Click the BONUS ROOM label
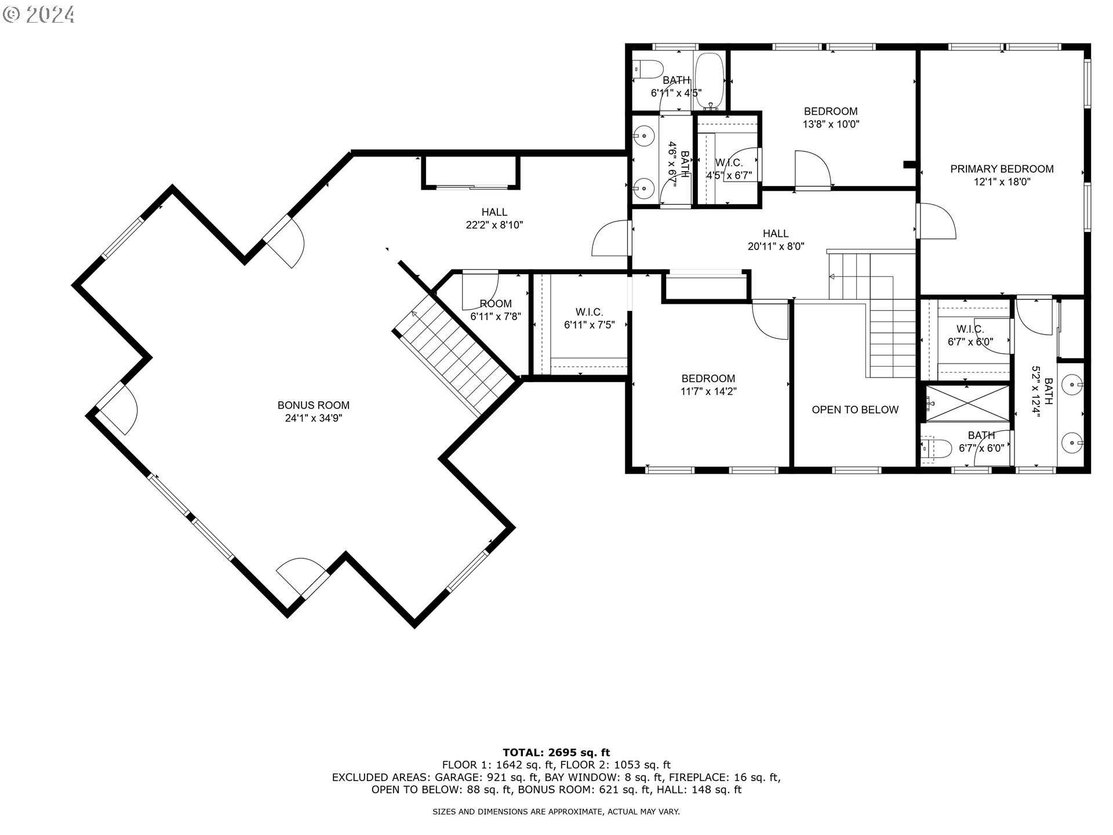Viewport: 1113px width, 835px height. click(313, 405)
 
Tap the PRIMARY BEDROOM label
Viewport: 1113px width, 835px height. click(1002, 169)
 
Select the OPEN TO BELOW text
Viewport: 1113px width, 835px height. click(855, 409)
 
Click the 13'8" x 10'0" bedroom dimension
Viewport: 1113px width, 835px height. click(831, 124)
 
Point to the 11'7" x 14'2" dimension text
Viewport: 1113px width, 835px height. click(708, 391)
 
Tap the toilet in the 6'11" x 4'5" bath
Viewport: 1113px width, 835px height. click(648, 69)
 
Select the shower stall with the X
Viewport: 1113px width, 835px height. click(967, 403)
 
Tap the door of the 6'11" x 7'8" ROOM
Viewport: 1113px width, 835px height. click(479, 290)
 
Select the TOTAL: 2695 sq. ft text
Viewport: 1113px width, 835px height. click(556, 753)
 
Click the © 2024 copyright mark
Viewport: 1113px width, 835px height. click(39, 14)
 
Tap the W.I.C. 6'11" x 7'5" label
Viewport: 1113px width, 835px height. click(589, 318)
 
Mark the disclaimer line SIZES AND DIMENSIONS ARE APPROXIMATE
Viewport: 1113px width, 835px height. click(556, 812)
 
